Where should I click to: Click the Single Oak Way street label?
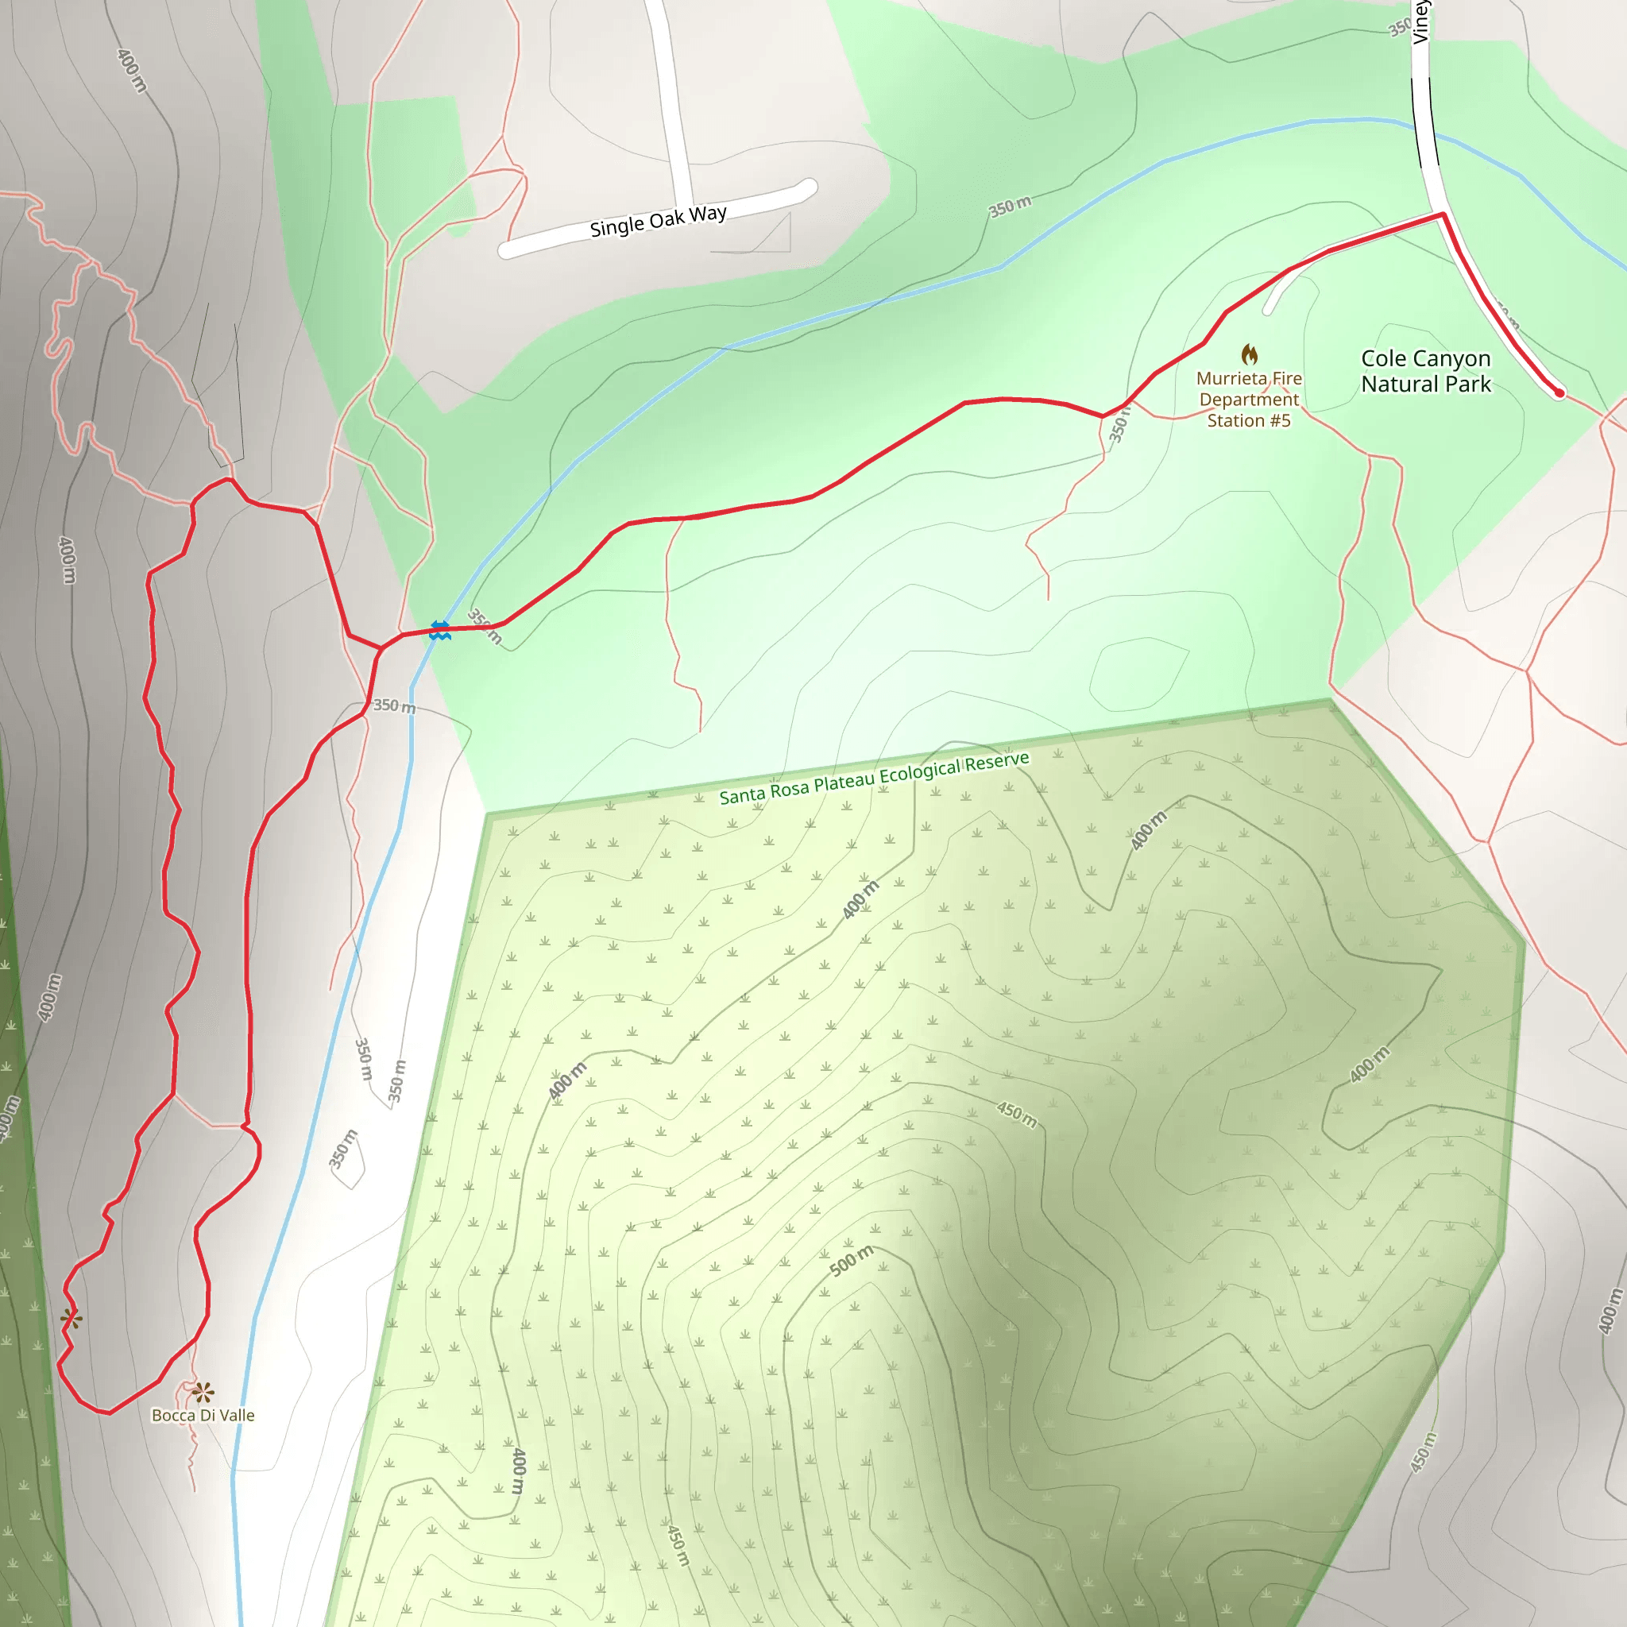658,221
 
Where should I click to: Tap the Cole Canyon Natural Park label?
1426,371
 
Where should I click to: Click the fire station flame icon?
1250,354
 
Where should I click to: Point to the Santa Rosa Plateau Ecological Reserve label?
873,778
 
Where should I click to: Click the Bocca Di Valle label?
203,1416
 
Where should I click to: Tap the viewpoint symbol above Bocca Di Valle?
202,1392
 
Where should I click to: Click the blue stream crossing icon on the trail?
439,630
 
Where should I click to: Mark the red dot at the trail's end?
1559,392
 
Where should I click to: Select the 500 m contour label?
852,1260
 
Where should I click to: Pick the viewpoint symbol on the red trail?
71,1319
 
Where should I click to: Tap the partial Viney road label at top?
1420,22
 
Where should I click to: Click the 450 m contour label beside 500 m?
1016,1113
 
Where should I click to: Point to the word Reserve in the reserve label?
997,762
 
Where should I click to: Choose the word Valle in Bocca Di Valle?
237,1416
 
